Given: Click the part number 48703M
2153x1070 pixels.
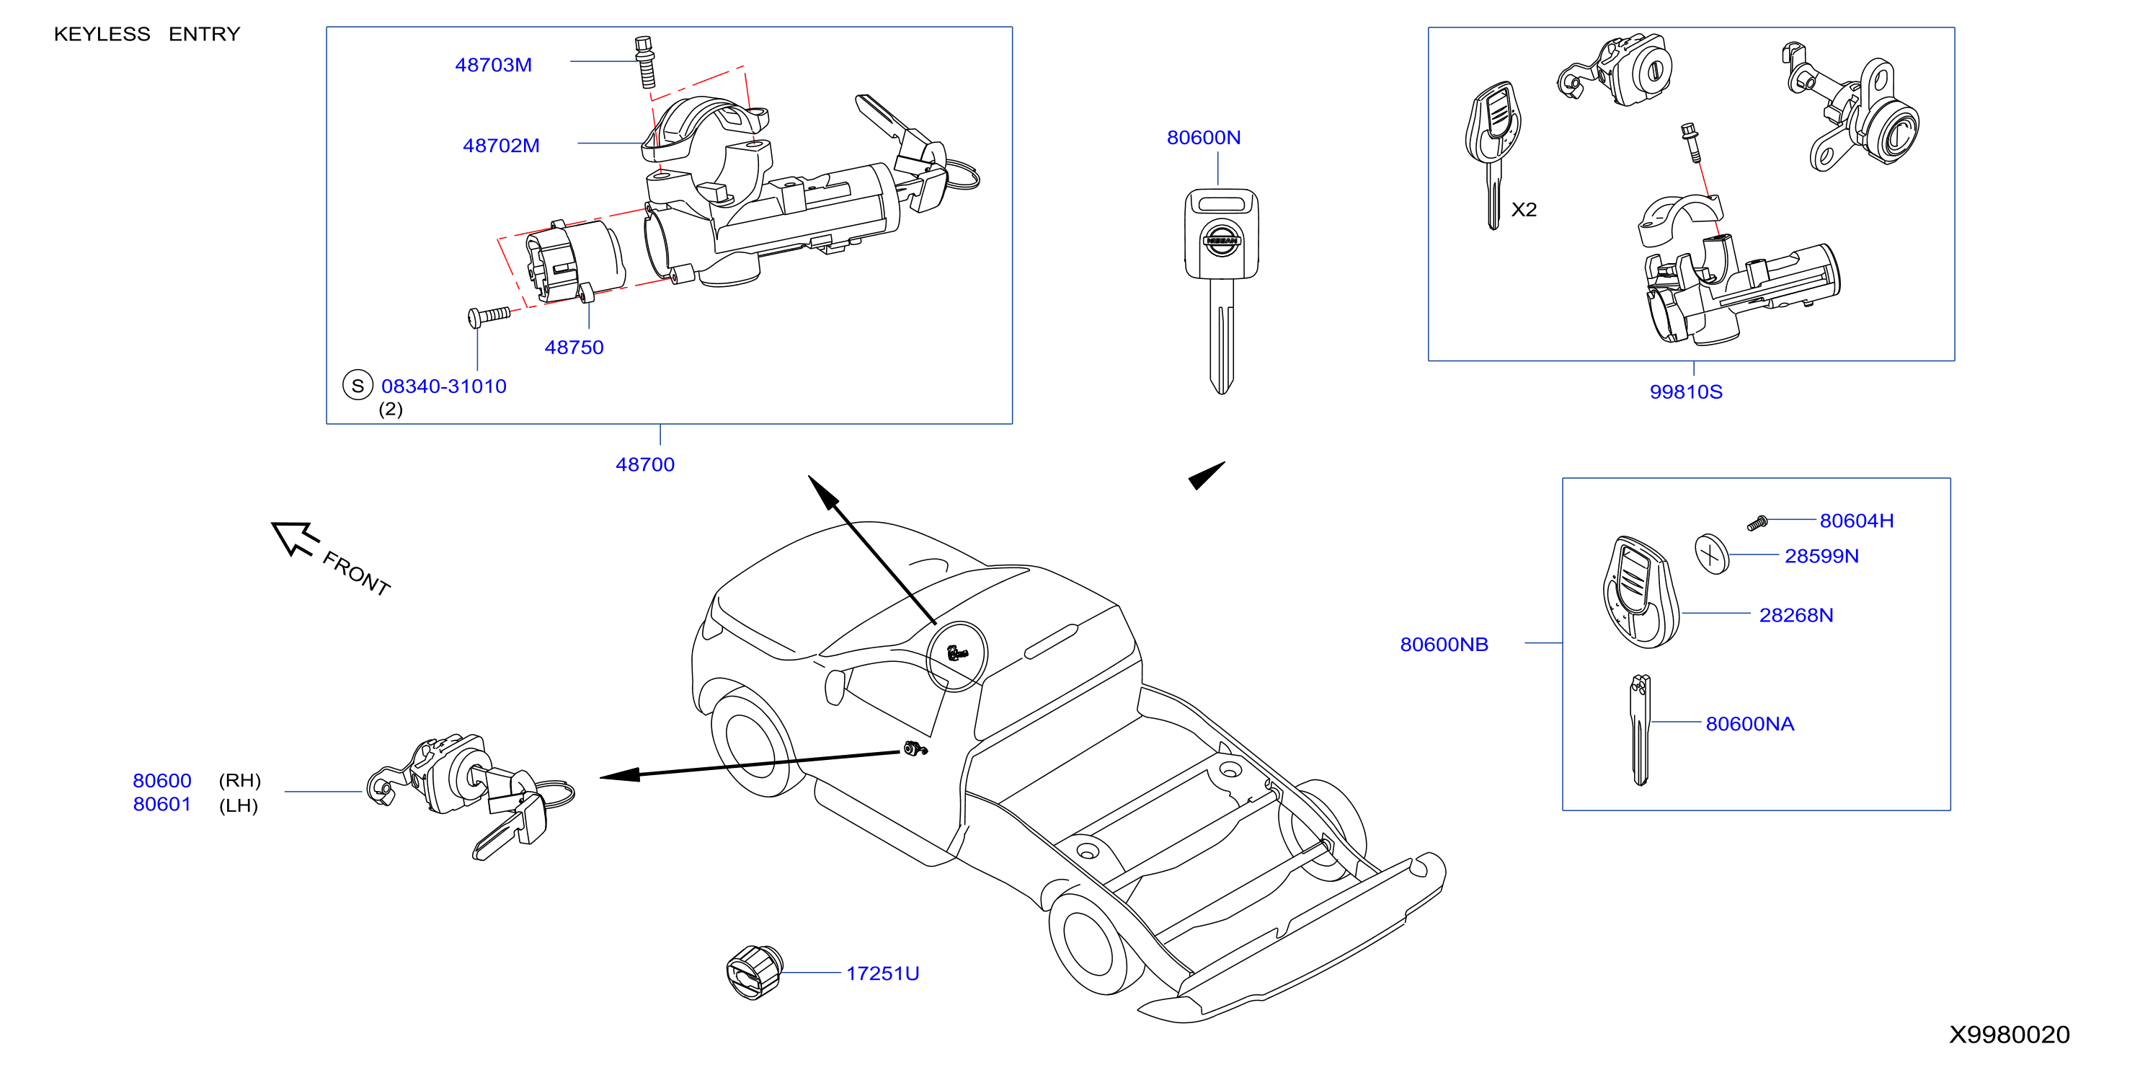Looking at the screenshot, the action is coord(493,64).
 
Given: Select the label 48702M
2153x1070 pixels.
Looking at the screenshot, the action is coord(502,146).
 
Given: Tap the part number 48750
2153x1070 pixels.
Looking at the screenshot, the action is coord(574,347).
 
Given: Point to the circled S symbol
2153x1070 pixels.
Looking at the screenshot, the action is coord(358,385).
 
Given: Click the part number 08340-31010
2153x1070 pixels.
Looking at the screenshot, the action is coord(444,386).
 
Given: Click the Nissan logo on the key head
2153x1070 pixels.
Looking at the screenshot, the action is coord(1221,240).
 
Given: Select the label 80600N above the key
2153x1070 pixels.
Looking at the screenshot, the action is coord(1204,137).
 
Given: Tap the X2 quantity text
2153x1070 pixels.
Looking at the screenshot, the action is coord(1524,210).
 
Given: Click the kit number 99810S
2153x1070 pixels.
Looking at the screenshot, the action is coord(1686,392).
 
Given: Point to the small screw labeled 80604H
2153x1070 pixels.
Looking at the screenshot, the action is coord(1758,523).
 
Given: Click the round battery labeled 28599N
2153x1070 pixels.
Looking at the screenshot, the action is coord(1712,554).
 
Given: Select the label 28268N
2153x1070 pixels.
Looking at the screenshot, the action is coord(1796,615).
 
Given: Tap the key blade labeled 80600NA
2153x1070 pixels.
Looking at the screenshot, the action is coord(1641,730).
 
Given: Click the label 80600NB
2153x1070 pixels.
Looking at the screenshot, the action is coord(1444,645).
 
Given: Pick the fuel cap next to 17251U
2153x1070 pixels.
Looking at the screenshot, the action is coord(754,972).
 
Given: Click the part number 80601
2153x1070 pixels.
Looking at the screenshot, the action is coord(162,804).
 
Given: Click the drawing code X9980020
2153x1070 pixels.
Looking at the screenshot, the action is coord(2010,1035).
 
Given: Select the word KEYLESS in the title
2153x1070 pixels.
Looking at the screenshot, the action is coord(102,35).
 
